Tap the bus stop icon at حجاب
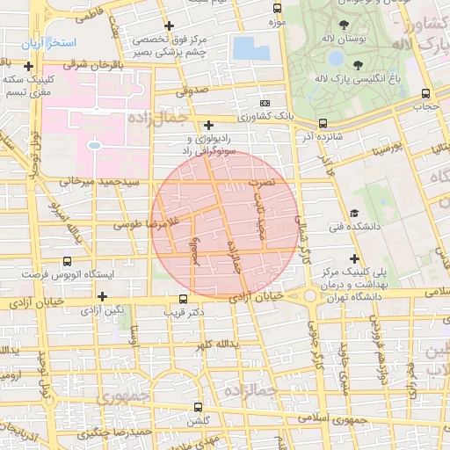pyautogui.click(x=425, y=93)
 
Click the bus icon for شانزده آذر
pyautogui.click(x=323, y=123)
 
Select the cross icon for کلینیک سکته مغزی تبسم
pyautogui.click(x=29, y=67)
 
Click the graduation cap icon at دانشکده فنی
pyautogui.click(x=353, y=213)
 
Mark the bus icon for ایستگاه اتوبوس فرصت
pyautogui.click(x=68, y=262)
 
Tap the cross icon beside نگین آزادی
pyautogui.click(x=102, y=296)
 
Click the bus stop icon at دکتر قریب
pyautogui.click(x=183, y=299)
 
